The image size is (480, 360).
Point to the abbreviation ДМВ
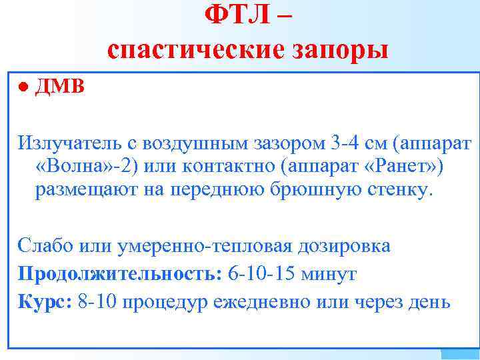(60, 87)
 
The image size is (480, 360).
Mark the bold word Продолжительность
(120, 273)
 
